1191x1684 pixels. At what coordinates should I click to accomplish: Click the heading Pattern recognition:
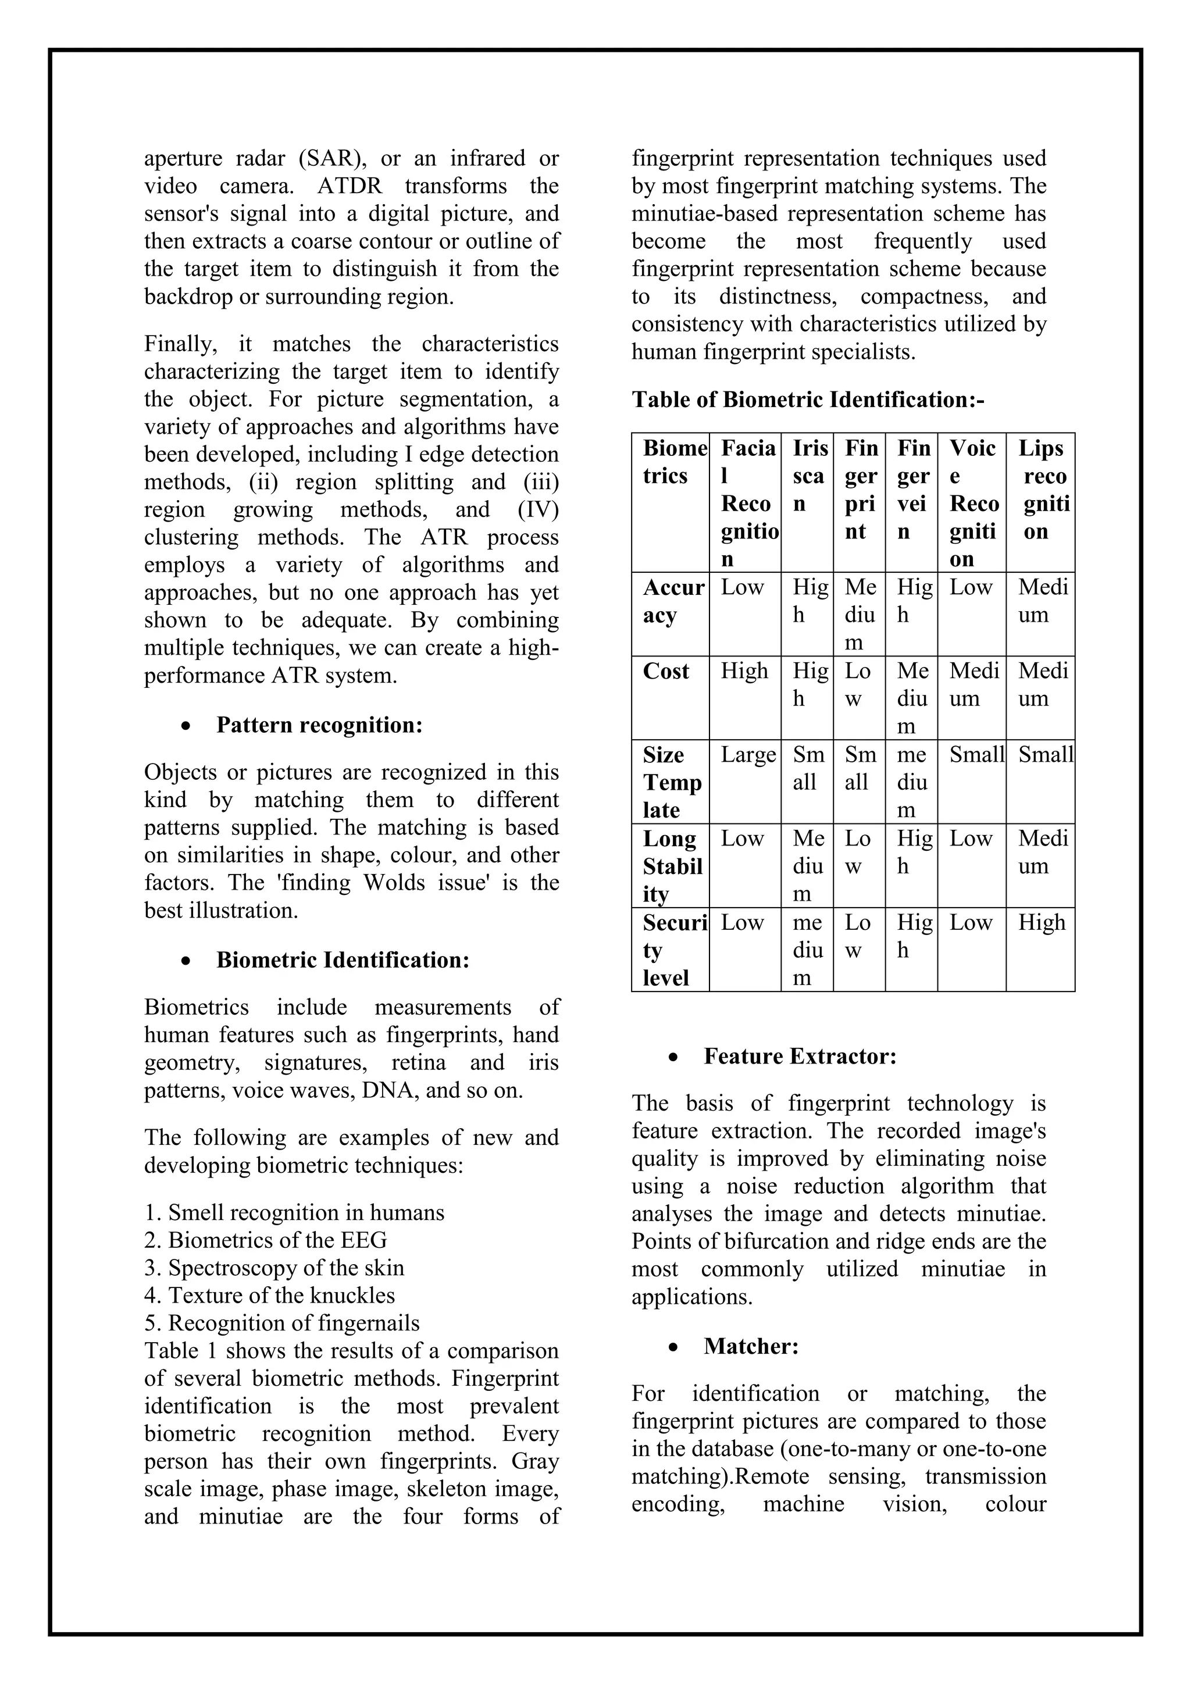pyautogui.click(x=319, y=725)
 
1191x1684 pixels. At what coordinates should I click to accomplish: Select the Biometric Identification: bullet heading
pyautogui.click(x=343, y=959)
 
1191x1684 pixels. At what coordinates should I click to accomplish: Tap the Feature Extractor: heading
pyautogui.click(x=800, y=1055)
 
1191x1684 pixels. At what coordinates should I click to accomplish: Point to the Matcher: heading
pyautogui.click(x=751, y=1346)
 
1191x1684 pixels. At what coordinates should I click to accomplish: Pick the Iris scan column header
pyautogui.click(x=807, y=475)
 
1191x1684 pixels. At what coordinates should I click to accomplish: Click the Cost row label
pyautogui.click(x=666, y=671)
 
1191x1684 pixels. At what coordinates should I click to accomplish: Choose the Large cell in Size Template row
pyautogui.click(x=747, y=755)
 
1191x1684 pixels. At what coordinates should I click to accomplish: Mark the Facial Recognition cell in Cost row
pyautogui.click(x=744, y=671)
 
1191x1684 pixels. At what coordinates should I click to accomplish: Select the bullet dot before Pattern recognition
pyautogui.click(x=187, y=726)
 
